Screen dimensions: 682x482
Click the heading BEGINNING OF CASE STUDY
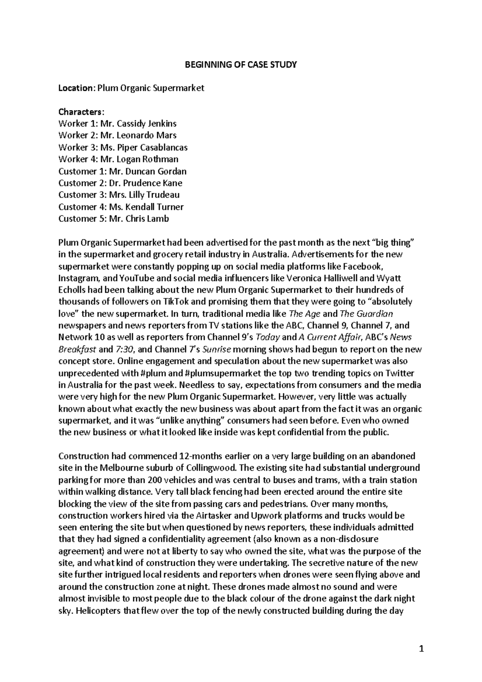coord(241,64)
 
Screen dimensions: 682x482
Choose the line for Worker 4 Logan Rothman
coord(118,159)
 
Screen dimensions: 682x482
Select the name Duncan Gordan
coord(156,171)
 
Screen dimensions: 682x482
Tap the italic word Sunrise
coord(217,349)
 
